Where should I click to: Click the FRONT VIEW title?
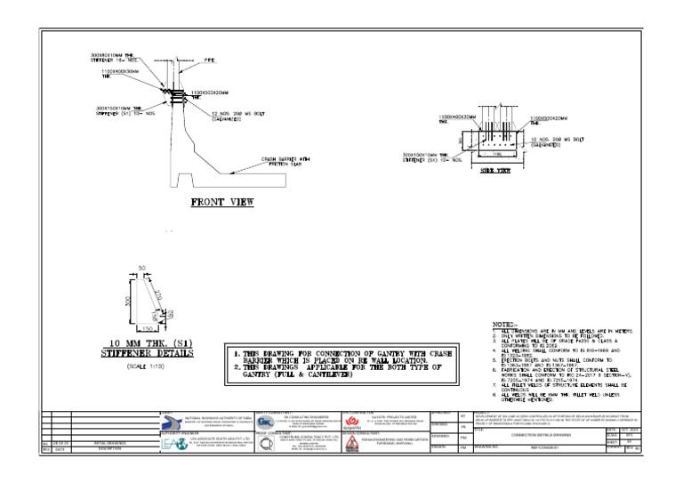click(222, 202)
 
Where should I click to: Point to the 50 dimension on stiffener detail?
click(141, 268)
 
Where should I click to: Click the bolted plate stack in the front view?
click(177, 93)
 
